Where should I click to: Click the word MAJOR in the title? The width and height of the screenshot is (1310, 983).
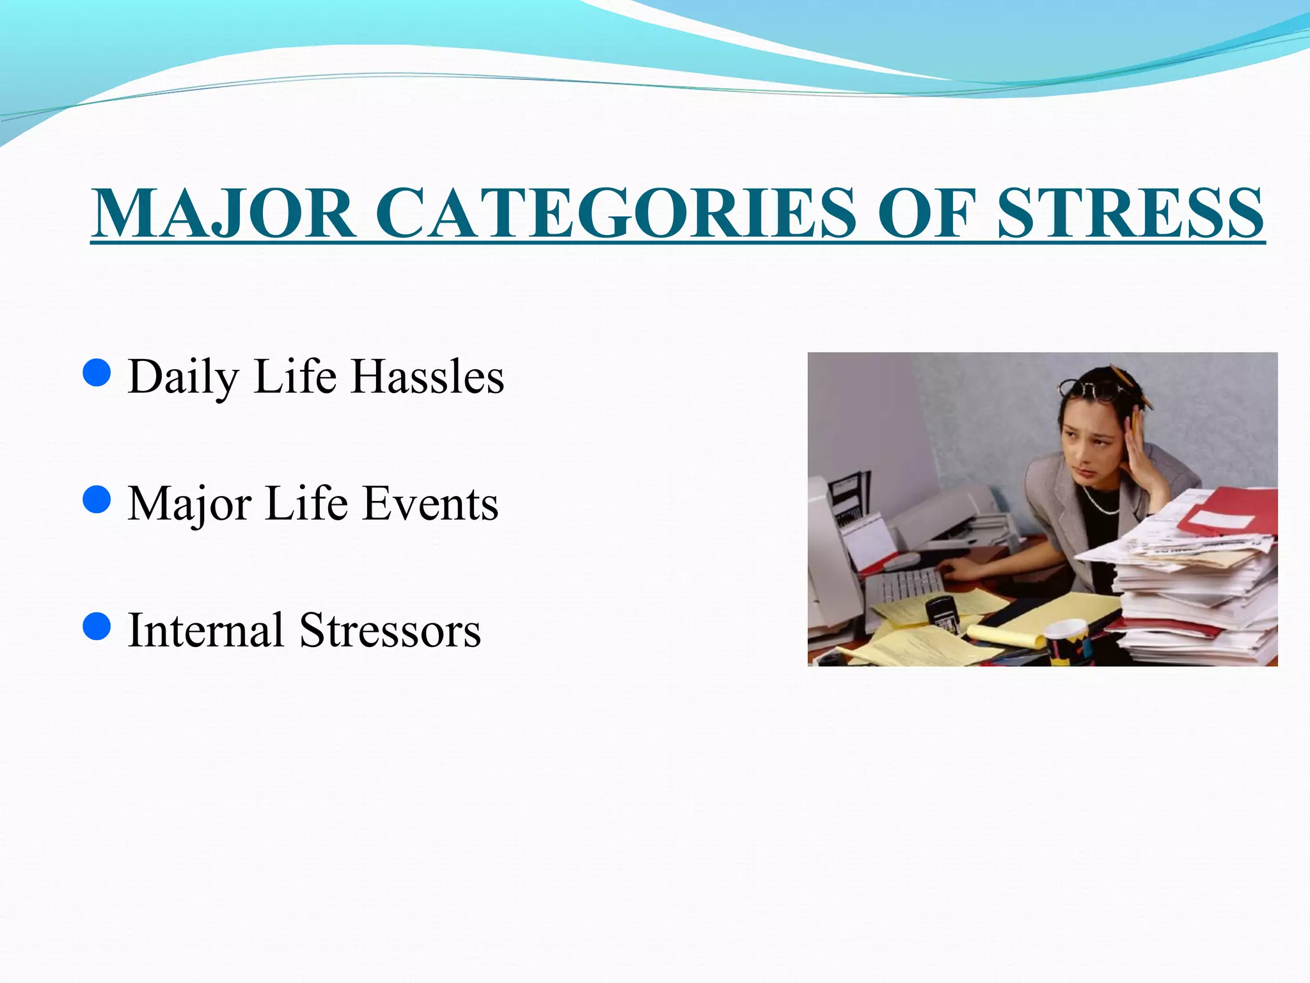click(x=223, y=213)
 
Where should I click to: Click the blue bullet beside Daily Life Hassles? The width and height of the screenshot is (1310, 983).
click(x=97, y=373)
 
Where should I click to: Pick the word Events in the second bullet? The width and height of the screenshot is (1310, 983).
click(x=430, y=504)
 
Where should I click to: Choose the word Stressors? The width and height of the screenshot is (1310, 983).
click(x=390, y=630)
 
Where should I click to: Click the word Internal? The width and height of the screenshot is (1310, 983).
click(x=205, y=630)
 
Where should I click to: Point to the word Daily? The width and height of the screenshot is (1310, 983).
click(x=183, y=378)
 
